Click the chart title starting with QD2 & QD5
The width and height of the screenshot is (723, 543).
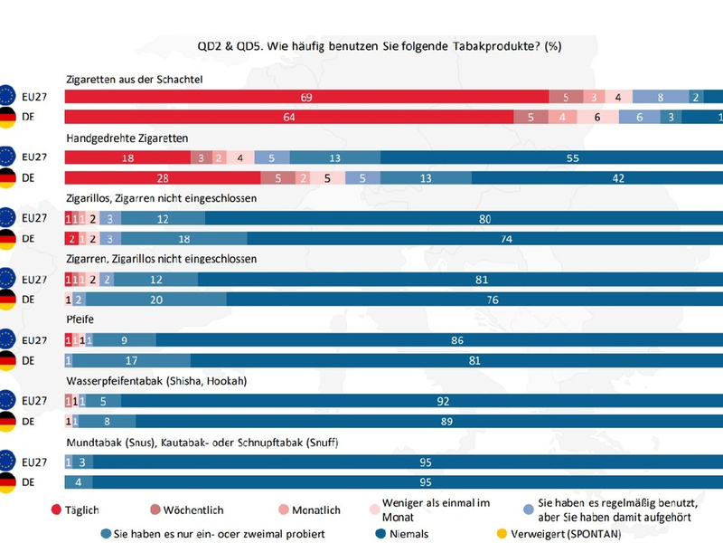[379, 46]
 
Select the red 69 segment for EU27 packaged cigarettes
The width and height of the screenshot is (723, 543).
[307, 97]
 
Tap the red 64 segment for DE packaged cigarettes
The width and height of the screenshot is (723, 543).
[289, 117]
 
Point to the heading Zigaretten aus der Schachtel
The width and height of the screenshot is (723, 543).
[133, 80]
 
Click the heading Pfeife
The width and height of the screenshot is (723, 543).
[80, 319]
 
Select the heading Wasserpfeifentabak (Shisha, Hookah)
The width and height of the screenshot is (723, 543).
[156, 381]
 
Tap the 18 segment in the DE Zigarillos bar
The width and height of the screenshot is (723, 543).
[183, 238]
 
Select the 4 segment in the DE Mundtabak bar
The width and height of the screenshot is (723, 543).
[79, 482]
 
